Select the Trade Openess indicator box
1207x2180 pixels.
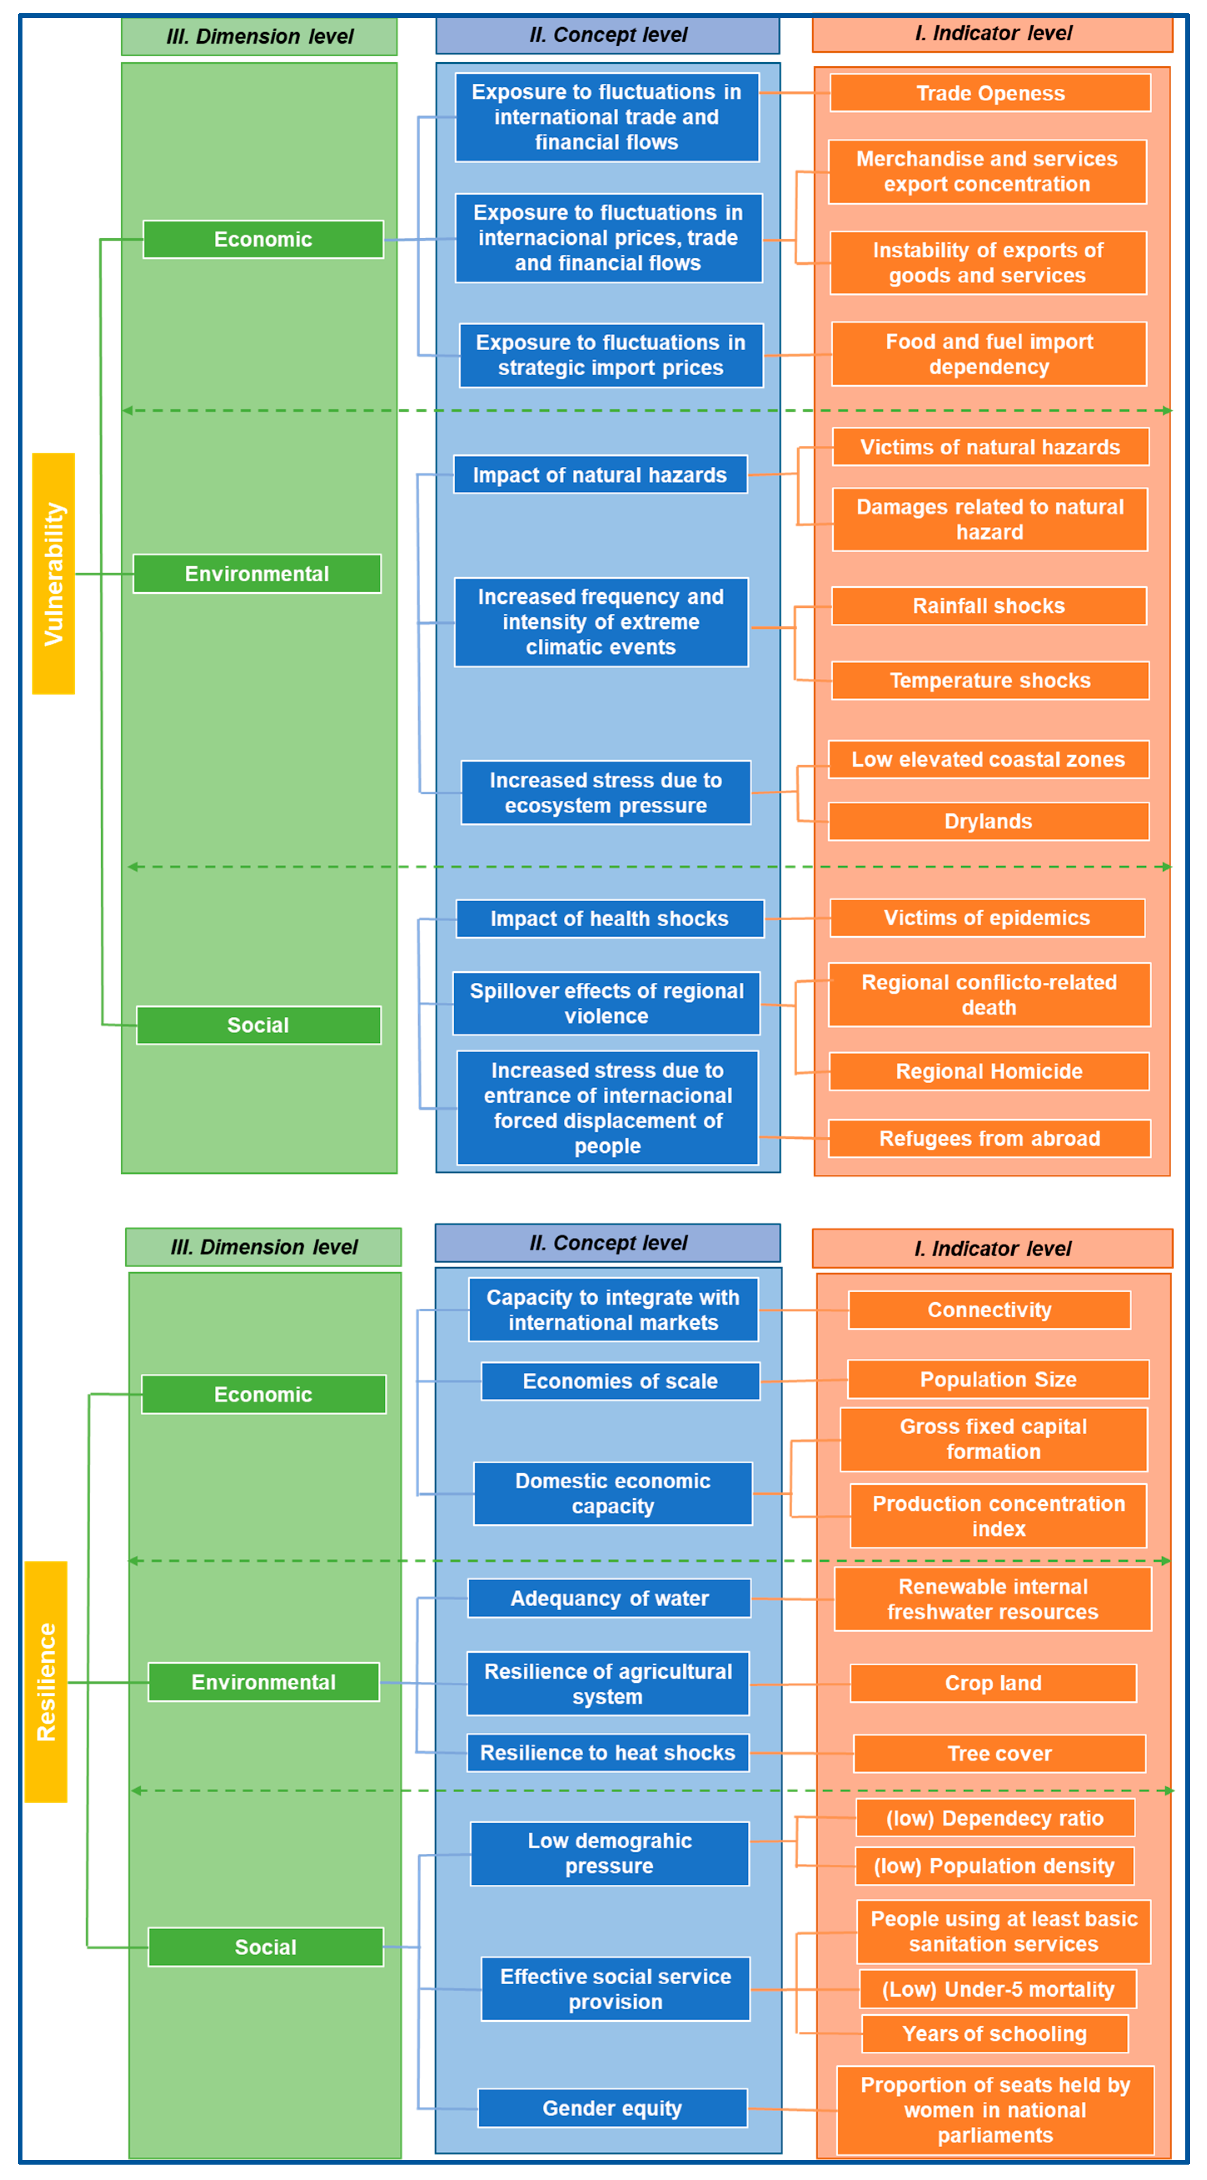pos(990,93)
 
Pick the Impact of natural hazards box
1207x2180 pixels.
pos(600,475)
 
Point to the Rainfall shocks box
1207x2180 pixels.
pos(989,606)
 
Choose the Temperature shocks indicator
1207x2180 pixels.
pos(990,680)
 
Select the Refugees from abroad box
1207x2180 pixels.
pos(989,1138)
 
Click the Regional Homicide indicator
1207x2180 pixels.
pos(989,1071)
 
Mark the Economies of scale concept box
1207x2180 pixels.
pos(620,1381)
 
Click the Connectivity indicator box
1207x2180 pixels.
pos(989,1310)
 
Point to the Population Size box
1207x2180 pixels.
pos(998,1380)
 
